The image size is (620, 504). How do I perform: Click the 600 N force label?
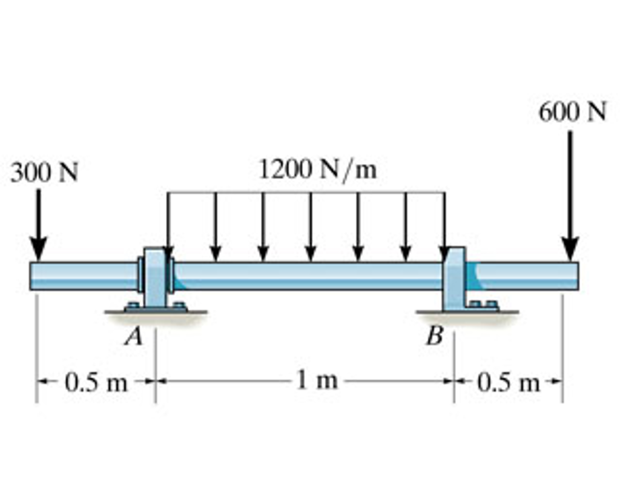tap(572, 112)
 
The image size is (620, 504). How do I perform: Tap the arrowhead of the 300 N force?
tap(38, 248)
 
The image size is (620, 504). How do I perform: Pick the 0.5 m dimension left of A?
tap(96, 382)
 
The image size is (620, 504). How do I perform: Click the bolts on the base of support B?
tap(484, 303)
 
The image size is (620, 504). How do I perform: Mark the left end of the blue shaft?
tap(32, 276)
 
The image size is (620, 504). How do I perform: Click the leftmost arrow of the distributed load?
tap(168, 224)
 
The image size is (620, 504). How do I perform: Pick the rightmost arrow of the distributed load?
tap(444, 224)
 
